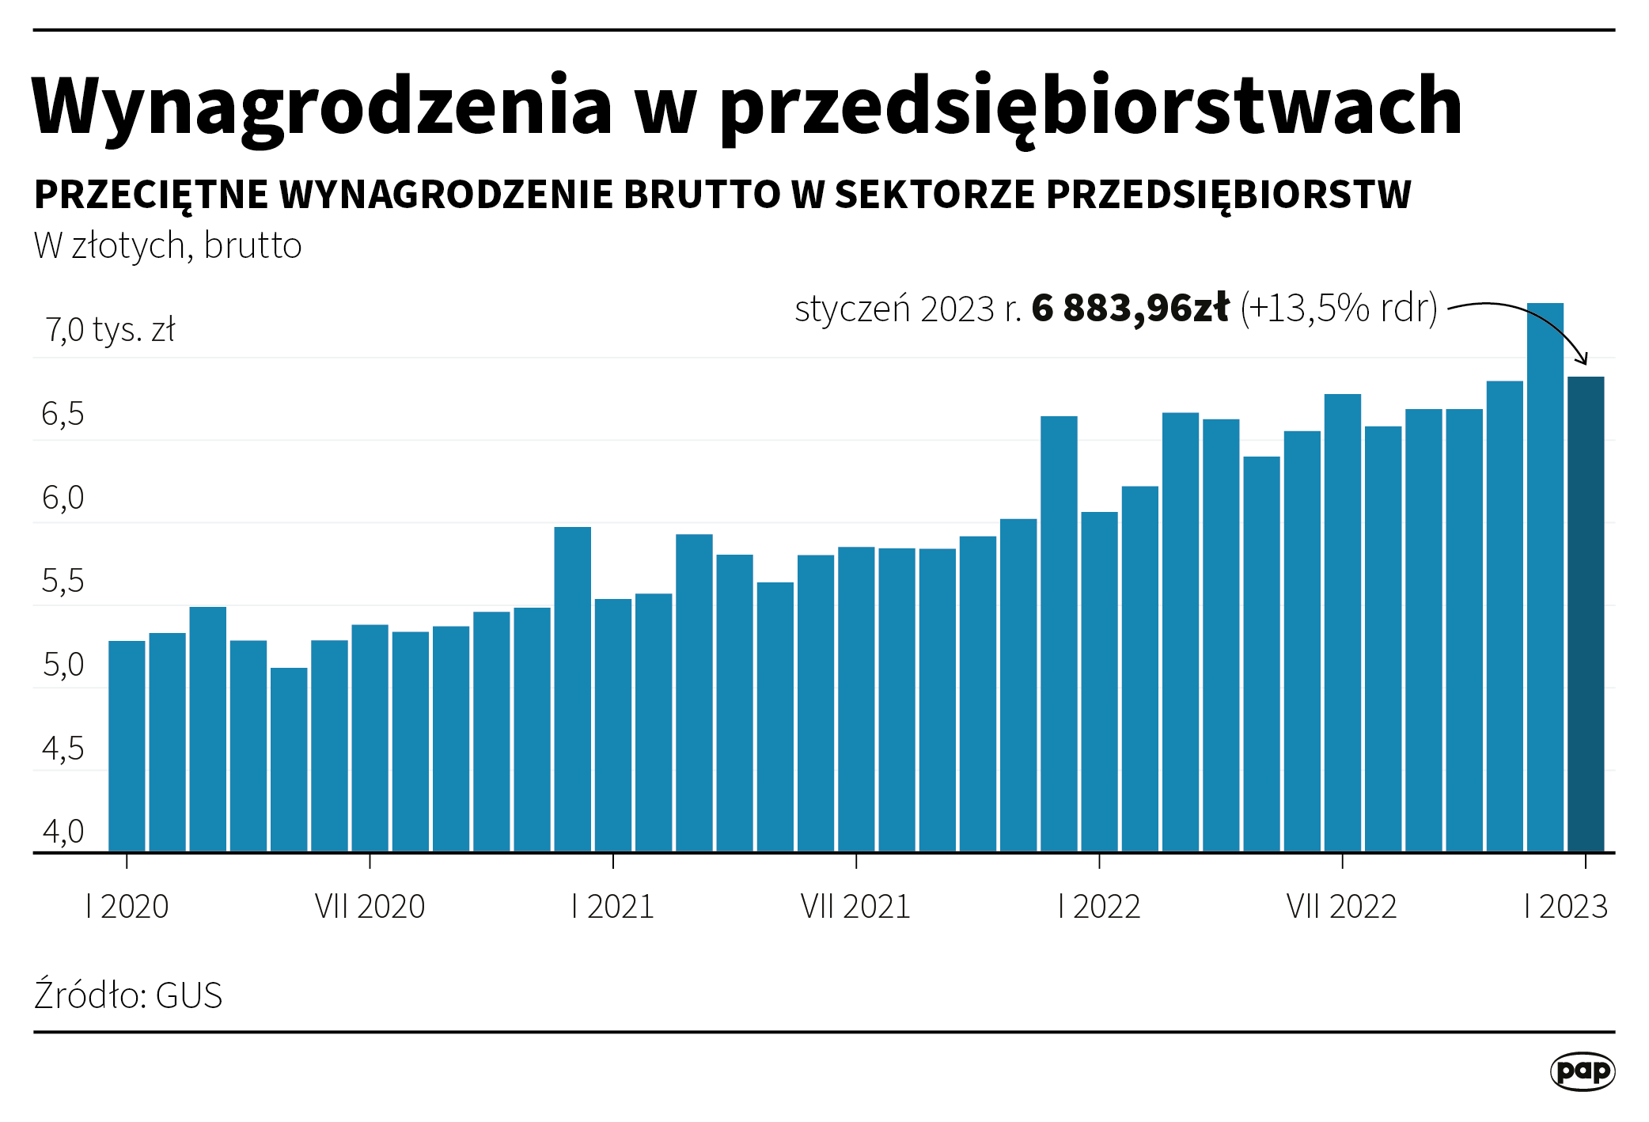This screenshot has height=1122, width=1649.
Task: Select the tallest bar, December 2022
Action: (x=1545, y=578)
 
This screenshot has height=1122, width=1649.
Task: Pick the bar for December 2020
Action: (x=572, y=689)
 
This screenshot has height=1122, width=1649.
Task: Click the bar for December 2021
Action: (x=1059, y=634)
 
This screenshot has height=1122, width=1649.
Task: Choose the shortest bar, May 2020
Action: (x=289, y=760)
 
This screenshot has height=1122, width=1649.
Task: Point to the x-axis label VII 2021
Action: (x=855, y=907)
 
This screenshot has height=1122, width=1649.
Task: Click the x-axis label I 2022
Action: (x=1099, y=907)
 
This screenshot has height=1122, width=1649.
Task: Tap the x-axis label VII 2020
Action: (x=370, y=907)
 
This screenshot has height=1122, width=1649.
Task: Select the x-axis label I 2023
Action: (x=1566, y=907)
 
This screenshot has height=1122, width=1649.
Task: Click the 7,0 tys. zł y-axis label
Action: (x=110, y=330)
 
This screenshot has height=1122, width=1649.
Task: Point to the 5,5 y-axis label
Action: (x=63, y=582)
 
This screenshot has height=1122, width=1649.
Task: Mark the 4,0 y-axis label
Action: (x=63, y=832)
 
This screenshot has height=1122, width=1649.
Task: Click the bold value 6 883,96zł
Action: (x=1130, y=309)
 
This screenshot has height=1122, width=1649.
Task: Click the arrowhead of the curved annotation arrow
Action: (x=1583, y=359)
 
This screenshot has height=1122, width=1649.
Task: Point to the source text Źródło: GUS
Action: (x=128, y=995)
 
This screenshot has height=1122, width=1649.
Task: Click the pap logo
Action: (x=1582, y=1071)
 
